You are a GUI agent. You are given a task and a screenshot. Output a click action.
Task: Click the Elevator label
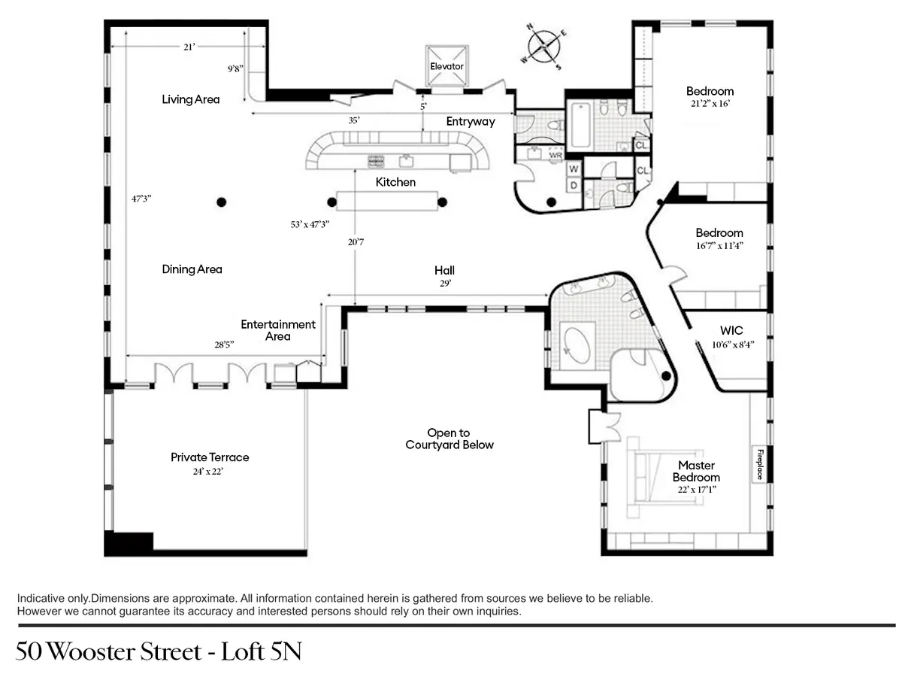click(x=446, y=66)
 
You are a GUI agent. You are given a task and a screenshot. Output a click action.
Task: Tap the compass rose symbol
click(x=545, y=47)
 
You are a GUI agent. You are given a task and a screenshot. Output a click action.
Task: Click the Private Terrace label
click(x=210, y=457)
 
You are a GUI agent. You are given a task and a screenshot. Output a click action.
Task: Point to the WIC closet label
click(x=731, y=331)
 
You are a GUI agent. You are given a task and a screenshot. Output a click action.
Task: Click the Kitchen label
click(x=395, y=182)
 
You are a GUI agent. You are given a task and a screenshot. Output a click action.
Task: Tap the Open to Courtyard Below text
click(x=449, y=439)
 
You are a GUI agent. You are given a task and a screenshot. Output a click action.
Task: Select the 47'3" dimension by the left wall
click(x=141, y=199)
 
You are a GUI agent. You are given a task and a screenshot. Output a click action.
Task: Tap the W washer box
click(x=573, y=169)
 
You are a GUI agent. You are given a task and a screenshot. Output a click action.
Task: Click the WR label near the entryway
click(x=555, y=155)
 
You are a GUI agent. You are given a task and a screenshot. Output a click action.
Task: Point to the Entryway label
click(x=471, y=121)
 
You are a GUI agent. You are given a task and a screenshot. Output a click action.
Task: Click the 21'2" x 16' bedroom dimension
click(x=710, y=104)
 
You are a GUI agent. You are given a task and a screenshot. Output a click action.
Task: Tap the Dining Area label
click(x=192, y=269)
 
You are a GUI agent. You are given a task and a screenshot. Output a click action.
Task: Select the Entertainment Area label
click(x=278, y=330)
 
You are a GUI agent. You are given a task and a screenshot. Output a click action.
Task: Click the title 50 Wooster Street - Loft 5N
click(x=159, y=651)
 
